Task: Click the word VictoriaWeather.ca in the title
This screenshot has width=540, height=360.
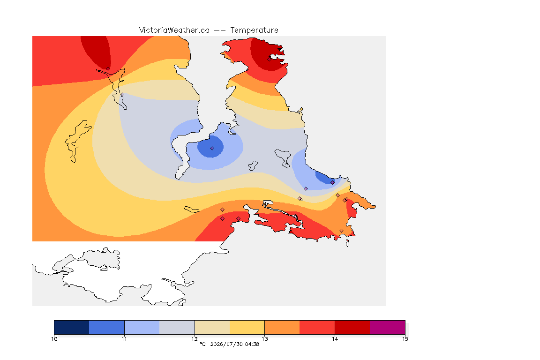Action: pyautogui.click(x=174, y=30)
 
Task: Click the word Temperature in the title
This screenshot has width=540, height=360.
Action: pyautogui.click(x=254, y=30)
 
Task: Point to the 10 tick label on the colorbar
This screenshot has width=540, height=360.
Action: pyautogui.click(x=54, y=339)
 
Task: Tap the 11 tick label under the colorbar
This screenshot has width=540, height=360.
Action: pyautogui.click(x=124, y=339)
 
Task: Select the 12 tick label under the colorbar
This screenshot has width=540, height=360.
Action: pyautogui.click(x=195, y=339)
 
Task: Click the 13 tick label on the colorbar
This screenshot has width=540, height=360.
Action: pyautogui.click(x=264, y=339)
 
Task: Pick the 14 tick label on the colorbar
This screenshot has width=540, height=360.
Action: pyautogui.click(x=335, y=339)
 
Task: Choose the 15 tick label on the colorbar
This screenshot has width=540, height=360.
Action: pyautogui.click(x=405, y=339)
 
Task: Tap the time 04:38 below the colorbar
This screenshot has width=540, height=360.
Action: pyautogui.click(x=252, y=344)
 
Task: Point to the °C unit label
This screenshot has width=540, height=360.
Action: pyautogui.click(x=202, y=344)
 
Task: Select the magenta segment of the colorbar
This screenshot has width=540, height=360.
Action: pyautogui.click(x=388, y=327)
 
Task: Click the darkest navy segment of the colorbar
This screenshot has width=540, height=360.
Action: pyautogui.click(x=72, y=327)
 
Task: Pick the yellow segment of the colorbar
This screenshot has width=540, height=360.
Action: pyautogui.click(x=247, y=327)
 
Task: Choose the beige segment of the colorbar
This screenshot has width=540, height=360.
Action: pyautogui.click(x=212, y=327)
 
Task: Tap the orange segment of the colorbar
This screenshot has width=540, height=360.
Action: pyautogui.click(x=282, y=327)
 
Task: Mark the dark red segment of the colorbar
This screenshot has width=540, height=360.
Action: pyautogui.click(x=352, y=327)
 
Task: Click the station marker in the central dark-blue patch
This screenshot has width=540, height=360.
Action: pyautogui.click(x=212, y=149)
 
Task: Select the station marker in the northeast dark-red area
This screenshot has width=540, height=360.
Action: pyautogui.click(x=270, y=59)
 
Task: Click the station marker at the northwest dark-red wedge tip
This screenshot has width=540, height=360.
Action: pyautogui.click(x=108, y=69)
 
